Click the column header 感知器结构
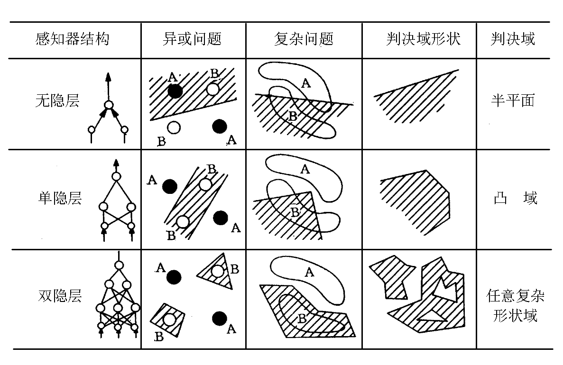[x=72, y=39]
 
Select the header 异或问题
[x=192, y=39]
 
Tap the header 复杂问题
[x=304, y=39]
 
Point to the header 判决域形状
[x=423, y=39]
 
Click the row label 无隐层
[x=57, y=100]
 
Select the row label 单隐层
[x=60, y=198]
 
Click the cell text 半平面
[x=513, y=100]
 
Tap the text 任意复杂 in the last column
[x=515, y=296]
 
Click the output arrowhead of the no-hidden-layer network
[x=108, y=76]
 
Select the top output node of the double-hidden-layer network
[x=119, y=265]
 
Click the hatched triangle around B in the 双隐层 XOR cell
[x=217, y=272]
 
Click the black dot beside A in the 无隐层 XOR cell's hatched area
[x=175, y=91]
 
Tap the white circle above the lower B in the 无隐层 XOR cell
[x=174, y=128]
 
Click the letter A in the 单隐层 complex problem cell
[x=305, y=169]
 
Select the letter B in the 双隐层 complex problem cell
[x=302, y=318]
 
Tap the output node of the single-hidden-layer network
[x=116, y=177]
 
